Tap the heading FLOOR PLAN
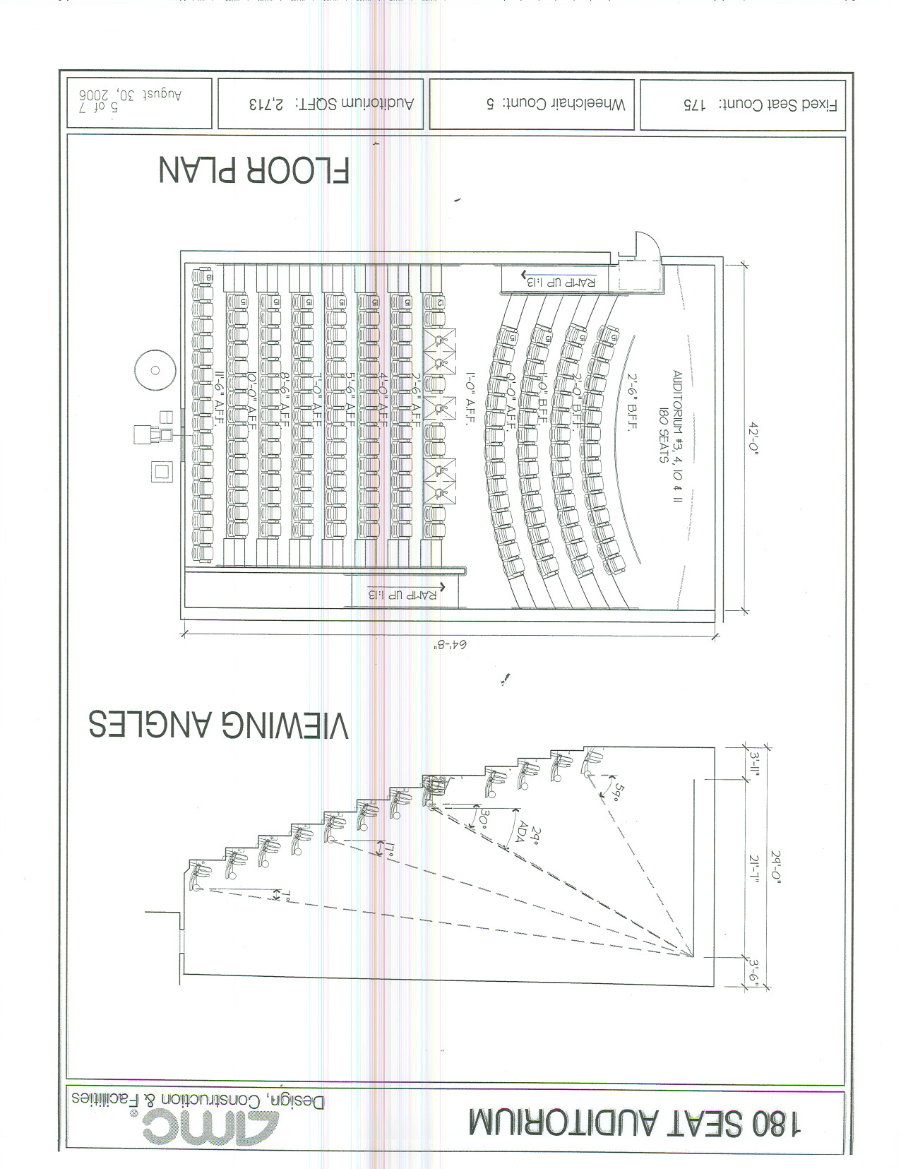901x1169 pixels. (254, 171)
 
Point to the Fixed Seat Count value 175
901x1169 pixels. (694, 105)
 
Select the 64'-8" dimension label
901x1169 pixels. (450, 644)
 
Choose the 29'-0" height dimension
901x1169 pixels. (776, 867)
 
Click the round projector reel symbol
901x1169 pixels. (155, 370)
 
